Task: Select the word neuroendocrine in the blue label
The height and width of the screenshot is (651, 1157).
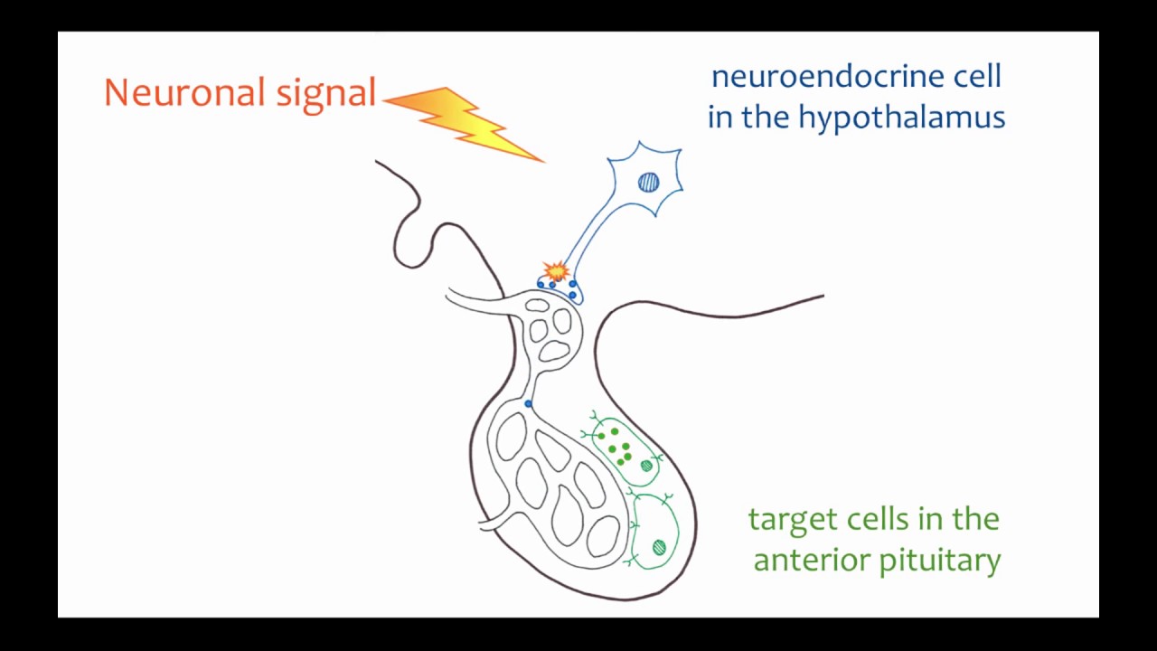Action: coord(826,77)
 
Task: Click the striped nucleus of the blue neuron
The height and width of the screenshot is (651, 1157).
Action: coord(648,183)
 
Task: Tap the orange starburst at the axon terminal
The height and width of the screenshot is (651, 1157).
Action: coord(556,270)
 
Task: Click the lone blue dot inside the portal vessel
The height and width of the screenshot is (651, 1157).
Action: coord(529,403)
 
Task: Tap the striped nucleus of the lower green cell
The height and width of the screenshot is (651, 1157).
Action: coord(659,546)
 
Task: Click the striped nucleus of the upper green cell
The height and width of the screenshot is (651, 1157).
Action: coord(646,466)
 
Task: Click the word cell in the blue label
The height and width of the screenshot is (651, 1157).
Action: coord(975,77)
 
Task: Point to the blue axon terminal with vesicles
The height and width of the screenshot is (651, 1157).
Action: coord(560,289)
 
